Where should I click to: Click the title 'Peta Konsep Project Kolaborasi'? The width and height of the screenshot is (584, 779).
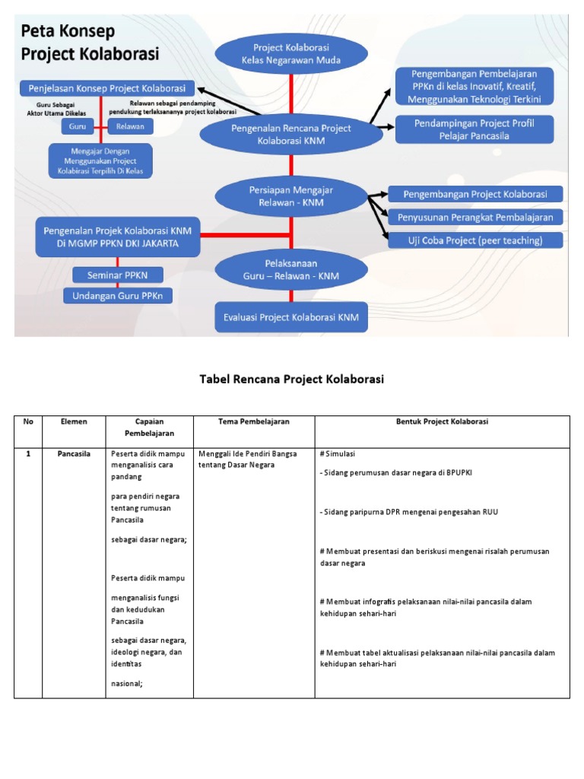(x=90, y=45)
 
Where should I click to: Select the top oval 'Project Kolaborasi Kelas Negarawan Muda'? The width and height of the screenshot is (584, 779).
(x=291, y=52)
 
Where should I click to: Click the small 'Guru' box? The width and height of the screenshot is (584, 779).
(x=77, y=126)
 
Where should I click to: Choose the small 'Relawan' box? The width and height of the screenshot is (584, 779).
(x=131, y=126)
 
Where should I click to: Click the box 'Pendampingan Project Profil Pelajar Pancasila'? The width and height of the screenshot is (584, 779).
(x=474, y=129)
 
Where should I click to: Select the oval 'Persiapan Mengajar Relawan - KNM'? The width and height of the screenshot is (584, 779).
(x=291, y=196)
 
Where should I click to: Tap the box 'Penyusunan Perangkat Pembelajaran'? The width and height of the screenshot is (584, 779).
(x=475, y=218)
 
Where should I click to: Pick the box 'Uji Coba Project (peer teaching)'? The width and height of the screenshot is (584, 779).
(x=475, y=240)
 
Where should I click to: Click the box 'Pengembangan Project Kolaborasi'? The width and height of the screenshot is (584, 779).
(x=475, y=194)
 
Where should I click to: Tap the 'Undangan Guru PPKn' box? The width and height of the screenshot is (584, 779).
(x=117, y=295)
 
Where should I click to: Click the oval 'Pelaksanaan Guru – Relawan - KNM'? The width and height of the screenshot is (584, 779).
(x=291, y=269)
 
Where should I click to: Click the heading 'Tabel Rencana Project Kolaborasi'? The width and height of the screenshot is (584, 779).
(x=291, y=380)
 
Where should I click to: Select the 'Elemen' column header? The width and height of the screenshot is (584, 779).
(x=75, y=421)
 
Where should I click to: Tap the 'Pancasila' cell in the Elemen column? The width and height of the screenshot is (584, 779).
(x=75, y=453)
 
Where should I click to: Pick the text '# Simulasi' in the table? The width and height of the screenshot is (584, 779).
(x=338, y=453)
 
